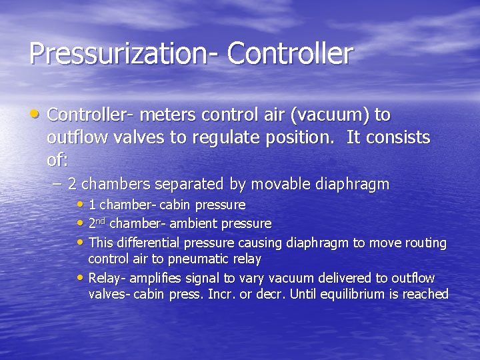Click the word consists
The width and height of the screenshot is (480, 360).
395,138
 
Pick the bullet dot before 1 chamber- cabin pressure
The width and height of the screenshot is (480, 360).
81,204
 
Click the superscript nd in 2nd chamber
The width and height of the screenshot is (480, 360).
103,221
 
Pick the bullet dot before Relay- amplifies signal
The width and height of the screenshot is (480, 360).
81,277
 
